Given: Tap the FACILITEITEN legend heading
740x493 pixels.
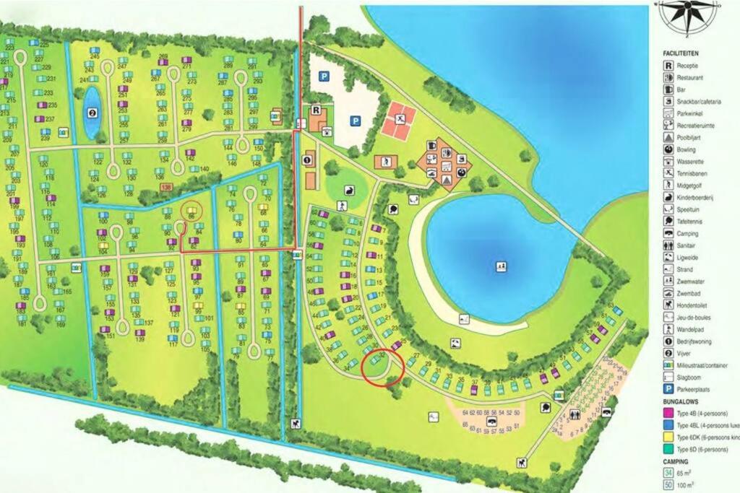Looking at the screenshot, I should [x=681, y=53].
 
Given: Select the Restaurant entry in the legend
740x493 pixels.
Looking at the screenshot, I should [x=690, y=77].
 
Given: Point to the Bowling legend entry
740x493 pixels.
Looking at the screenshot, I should [x=687, y=149].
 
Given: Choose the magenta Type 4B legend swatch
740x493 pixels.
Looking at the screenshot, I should [x=669, y=413].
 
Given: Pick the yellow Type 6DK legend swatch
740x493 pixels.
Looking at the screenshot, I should [x=669, y=437].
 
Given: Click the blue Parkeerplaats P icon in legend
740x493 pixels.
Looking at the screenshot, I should [x=669, y=387].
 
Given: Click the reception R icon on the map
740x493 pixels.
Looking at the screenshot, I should [x=315, y=110].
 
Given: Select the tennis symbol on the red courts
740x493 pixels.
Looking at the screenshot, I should [x=399, y=118].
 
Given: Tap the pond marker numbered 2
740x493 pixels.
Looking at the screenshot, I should [x=92, y=113].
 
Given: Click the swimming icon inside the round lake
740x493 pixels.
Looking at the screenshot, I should [x=500, y=266].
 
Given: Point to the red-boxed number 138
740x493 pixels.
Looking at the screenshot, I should [x=167, y=187].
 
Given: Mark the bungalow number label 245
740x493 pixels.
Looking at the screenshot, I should [x=95, y=56].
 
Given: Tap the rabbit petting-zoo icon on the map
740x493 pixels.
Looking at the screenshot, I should [x=350, y=191].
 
